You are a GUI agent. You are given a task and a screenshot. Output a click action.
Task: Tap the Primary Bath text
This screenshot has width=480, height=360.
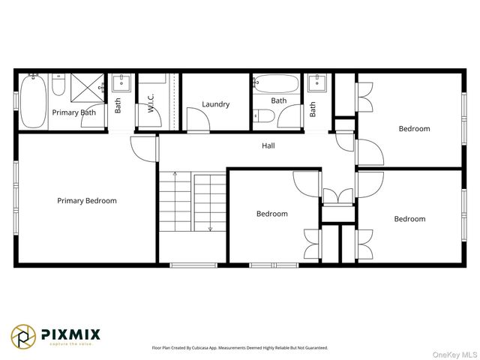73,113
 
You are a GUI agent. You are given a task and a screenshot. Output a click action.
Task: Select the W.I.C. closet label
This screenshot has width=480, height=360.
151,103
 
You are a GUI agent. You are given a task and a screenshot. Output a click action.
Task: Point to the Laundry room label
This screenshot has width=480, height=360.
215,104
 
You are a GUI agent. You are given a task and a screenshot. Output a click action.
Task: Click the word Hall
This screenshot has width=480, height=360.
268,145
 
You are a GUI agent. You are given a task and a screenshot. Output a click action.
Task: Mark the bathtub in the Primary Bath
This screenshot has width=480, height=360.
34,100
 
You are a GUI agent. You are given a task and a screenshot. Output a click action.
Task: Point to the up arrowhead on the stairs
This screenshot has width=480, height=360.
175,175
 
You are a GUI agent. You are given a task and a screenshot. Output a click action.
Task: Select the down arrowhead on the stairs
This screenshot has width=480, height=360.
211,228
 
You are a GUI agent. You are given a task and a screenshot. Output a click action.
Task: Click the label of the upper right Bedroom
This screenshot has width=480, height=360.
414,128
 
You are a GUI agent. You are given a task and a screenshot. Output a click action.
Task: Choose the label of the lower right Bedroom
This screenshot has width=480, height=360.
409,219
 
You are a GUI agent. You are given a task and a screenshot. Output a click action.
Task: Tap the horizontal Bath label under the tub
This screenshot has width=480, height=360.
279,100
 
